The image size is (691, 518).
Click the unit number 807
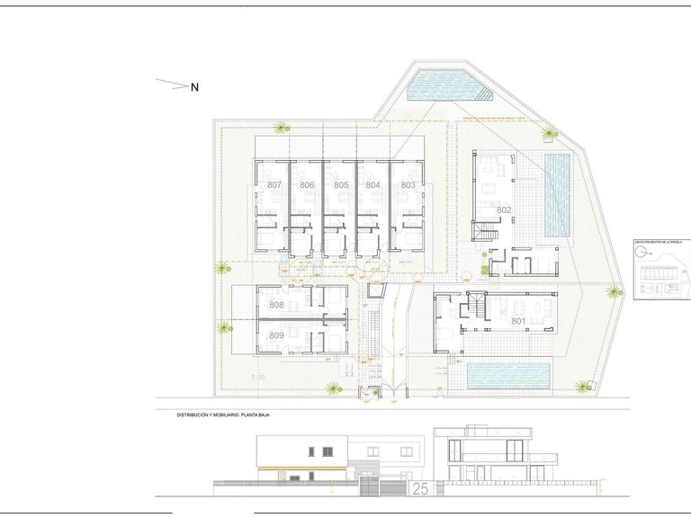(274, 184)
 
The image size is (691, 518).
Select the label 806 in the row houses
(307, 184)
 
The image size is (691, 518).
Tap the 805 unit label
(340, 184)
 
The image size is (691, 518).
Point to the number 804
(372, 184)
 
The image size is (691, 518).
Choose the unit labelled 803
(408, 184)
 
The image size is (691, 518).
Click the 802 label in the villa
(504, 210)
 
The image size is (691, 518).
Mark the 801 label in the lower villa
(517, 321)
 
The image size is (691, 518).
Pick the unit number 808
(276, 306)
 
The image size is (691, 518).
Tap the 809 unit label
(276, 335)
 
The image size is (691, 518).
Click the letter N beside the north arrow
(193, 87)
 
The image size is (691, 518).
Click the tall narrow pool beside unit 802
(558, 194)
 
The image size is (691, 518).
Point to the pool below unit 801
(508, 376)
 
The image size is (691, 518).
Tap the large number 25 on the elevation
(419, 489)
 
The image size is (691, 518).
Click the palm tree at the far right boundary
(614, 291)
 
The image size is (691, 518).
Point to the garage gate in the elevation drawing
(370, 487)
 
